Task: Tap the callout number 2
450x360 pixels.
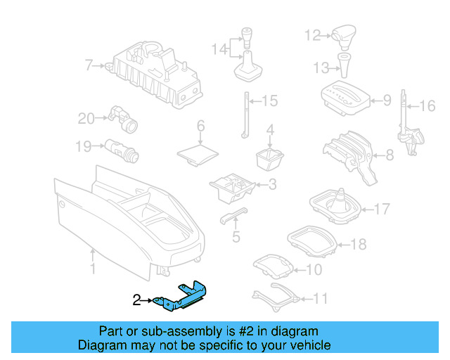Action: click(137, 301)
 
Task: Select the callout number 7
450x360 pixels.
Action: click(89, 66)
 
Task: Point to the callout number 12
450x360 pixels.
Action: click(312, 34)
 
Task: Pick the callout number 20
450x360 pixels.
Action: click(86, 119)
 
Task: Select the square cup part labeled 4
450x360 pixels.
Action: click(269, 159)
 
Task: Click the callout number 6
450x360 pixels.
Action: click(200, 127)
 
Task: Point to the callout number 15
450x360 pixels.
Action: click(271, 101)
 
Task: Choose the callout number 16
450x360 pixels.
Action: click(427, 107)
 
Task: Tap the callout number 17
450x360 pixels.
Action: click(382, 209)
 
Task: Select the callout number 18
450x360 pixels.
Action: click(358, 245)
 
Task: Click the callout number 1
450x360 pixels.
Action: click(92, 268)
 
